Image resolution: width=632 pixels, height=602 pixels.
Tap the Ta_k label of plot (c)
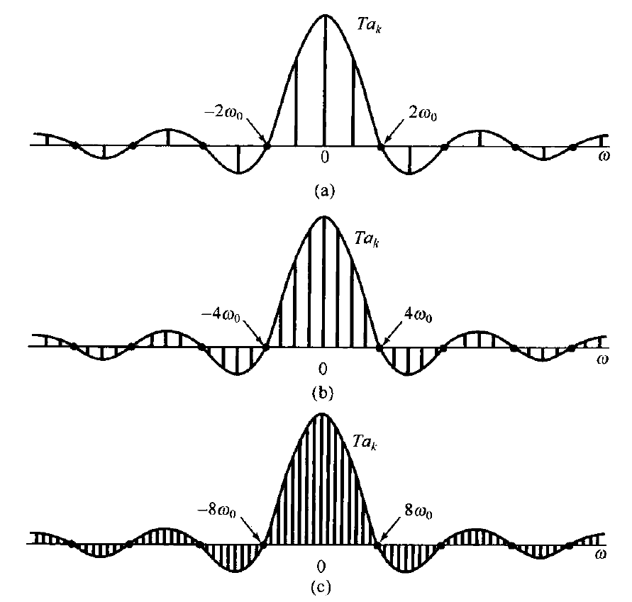(x=368, y=440)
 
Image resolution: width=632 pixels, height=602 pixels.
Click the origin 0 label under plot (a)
(x=324, y=157)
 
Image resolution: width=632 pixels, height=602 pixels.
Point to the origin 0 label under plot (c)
(x=321, y=567)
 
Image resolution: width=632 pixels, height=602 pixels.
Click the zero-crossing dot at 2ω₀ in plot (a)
(x=381, y=147)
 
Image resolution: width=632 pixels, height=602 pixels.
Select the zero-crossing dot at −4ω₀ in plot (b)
(x=267, y=347)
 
